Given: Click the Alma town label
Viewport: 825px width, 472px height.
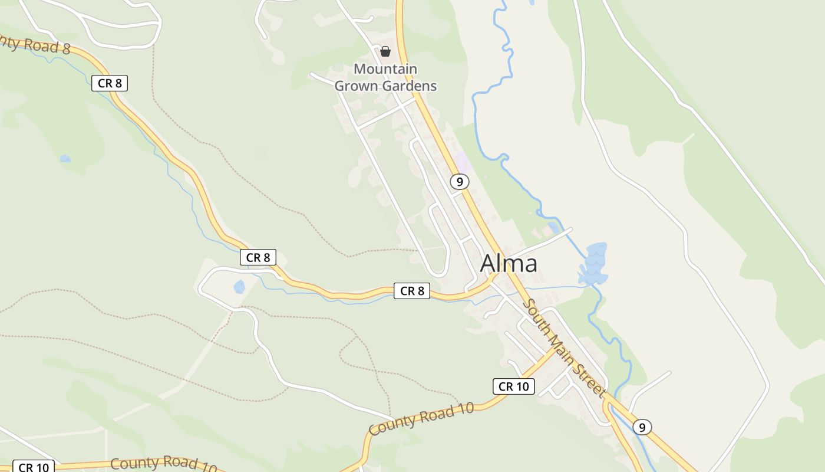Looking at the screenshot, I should [x=509, y=264].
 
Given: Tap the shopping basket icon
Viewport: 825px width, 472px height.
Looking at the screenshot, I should [x=385, y=51].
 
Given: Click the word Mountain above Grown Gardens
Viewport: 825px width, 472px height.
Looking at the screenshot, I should [x=385, y=69].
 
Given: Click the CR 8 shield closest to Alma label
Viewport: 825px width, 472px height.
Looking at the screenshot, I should [x=412, y=290].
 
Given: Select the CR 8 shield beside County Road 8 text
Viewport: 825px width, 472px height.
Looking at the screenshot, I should [x=110, y=83].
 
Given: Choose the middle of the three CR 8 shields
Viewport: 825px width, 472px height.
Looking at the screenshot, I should [x=258, y=257].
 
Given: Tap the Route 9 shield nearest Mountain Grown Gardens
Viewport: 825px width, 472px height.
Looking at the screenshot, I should [x=460, y=182].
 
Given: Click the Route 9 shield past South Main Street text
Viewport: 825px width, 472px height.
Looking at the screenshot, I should [x=642, y=427].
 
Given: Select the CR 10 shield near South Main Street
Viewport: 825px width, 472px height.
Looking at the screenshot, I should [x=514, y=386].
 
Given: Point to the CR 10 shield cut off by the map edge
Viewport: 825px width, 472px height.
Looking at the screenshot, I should [x=34, y=467].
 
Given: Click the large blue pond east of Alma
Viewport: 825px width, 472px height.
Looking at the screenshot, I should [x=594, y=264].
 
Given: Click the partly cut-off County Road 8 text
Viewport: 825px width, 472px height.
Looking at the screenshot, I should [x=35, y=43].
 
